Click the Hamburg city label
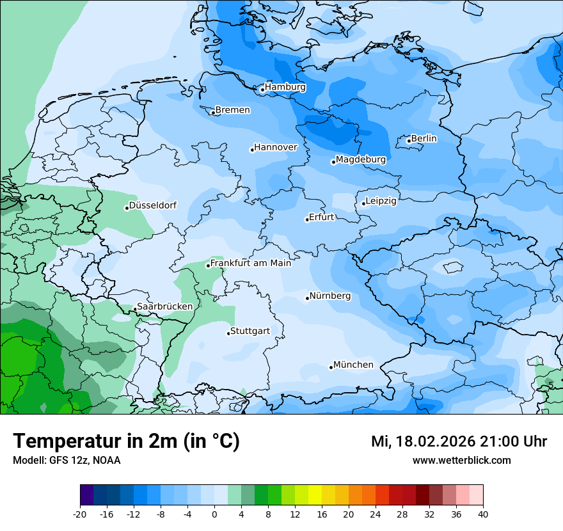[285, 87]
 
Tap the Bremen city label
[232, 110]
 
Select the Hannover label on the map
[276, 148]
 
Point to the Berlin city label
[424, 138]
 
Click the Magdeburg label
[361, 159]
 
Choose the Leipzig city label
[381, 201]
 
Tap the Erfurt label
[322, 217]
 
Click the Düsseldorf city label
[153, 205]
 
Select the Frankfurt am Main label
[251, 263]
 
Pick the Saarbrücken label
[165, 306]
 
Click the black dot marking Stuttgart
[228, 333]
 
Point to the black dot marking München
[331, 367]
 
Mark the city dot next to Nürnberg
[307, 298]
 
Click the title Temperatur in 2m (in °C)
[127, 441]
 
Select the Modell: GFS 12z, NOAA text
[67, 461]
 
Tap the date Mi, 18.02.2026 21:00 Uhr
[459, 441]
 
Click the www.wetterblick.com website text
[461, 461]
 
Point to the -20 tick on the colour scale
[80, 514]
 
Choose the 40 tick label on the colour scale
[483, 514]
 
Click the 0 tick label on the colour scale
[214, 514]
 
